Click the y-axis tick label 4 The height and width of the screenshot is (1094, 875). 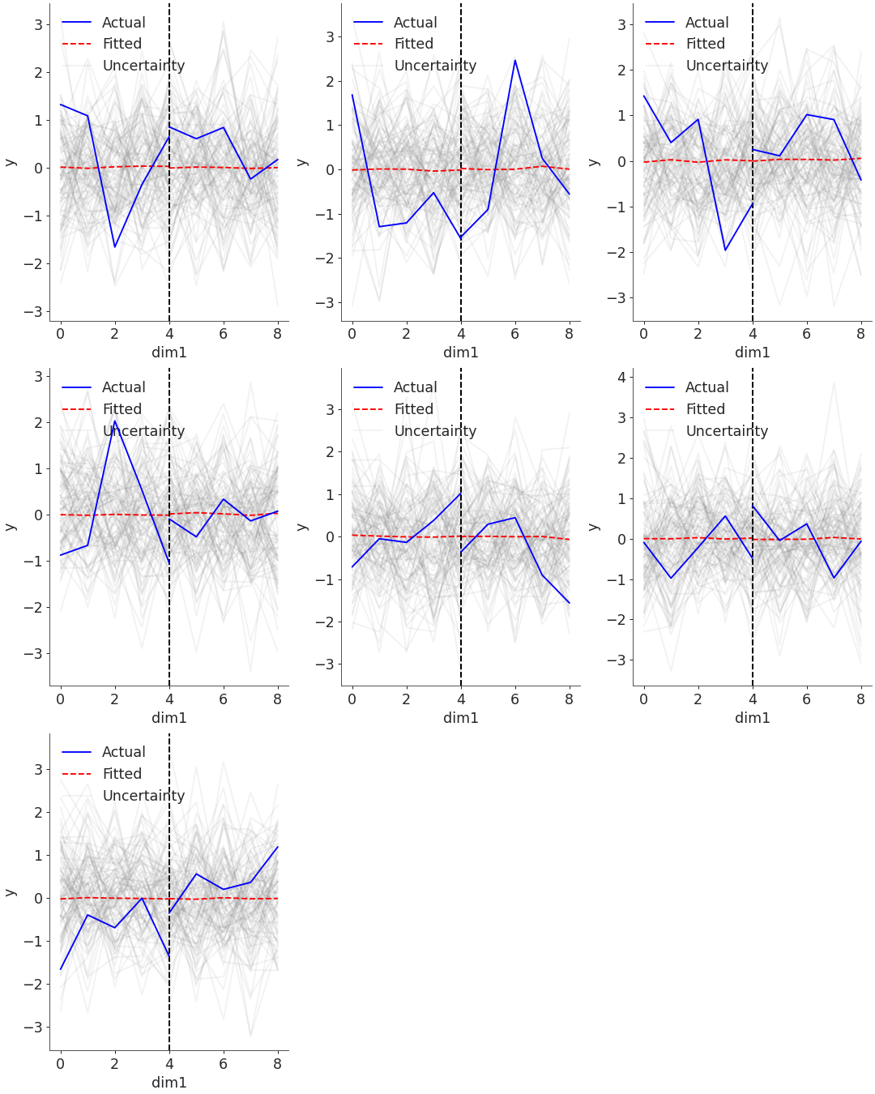coord(621,377)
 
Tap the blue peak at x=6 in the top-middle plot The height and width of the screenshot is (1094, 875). coord(514,60)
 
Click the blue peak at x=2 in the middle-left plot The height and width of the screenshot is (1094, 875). coord(115,421)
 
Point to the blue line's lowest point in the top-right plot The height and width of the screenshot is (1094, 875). coord(725,250)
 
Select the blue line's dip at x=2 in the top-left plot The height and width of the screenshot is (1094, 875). coord(115,247)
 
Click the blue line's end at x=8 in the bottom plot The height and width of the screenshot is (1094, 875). coord(278,847)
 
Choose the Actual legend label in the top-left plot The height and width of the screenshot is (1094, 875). coord(123,23)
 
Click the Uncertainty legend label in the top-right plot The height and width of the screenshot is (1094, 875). coord(727,66)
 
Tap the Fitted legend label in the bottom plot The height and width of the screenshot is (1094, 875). coord(122,774)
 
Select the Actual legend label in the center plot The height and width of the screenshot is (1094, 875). coord(415,387)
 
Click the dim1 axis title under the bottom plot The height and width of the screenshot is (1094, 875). coord(169,1083)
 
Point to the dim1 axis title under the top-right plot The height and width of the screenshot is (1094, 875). coord(753,353)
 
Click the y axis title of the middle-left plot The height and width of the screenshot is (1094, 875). coord(11,527)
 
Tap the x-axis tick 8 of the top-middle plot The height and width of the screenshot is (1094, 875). coord(569,333)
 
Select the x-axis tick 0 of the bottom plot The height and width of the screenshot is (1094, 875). coord(61,1063)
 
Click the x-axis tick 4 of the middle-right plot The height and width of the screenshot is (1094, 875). coord(753,699)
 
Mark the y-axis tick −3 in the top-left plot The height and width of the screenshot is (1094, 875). coord(38,312)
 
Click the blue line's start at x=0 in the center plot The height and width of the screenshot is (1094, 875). coord(352,566)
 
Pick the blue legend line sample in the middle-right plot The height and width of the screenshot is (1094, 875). coord(659,387)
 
